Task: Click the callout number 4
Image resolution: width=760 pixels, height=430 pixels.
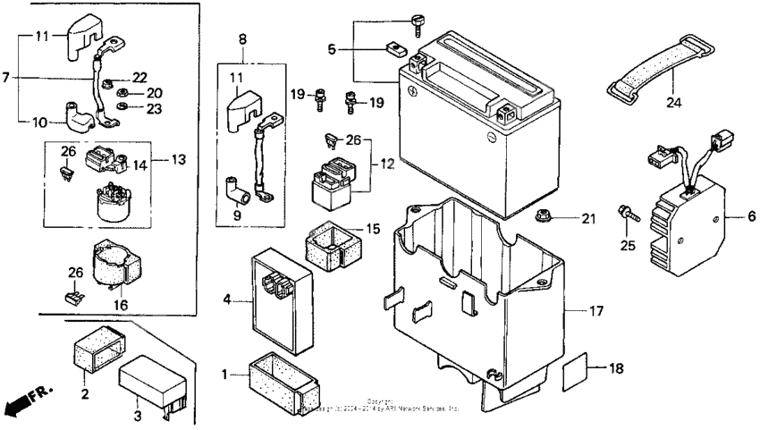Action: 228,301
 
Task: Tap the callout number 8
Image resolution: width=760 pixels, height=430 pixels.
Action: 241,39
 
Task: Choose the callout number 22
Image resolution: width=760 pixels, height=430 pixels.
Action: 141,77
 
